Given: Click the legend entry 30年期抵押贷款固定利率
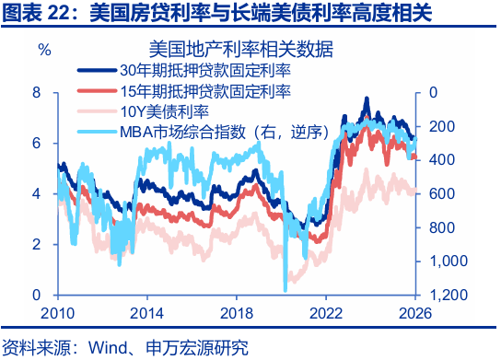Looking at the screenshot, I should pyautogui.click(x=205, y=69).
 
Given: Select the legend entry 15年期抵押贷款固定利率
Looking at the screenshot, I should pyautogui.click(x=205, y=90).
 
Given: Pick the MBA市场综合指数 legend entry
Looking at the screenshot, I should pyautogui.click(x=226, y=132).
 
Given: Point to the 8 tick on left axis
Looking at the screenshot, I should pyautogui.click(x=37, y=92).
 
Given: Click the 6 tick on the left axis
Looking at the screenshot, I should pyautogui.click(x=37, y=143).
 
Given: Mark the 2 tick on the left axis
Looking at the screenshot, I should pyautogui.click(x=37, y=244).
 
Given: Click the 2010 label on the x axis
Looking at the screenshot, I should pyautogui.click(x=57, y=312).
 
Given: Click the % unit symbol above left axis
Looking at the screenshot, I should pyautogui.click(x=44, y=48).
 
